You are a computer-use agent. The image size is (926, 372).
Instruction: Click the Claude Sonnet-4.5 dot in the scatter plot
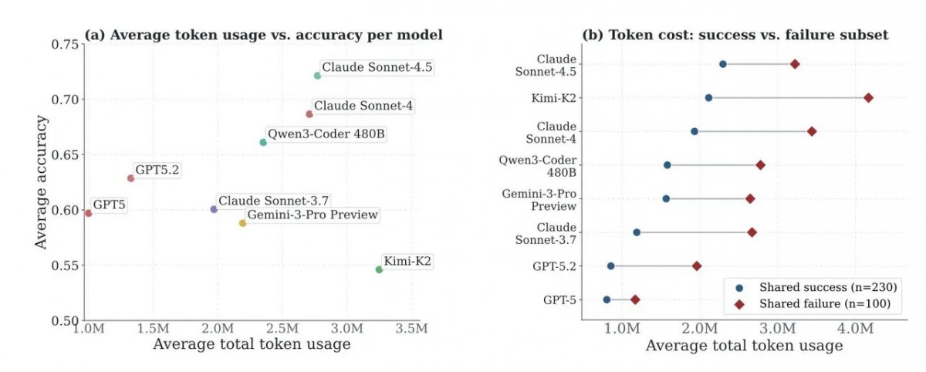[317, 76]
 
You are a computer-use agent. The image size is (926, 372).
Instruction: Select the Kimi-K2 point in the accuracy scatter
[379, 269]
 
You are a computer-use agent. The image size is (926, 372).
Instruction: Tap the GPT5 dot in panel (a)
[88, 213]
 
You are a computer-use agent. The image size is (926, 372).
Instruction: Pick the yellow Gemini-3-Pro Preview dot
[242, 223]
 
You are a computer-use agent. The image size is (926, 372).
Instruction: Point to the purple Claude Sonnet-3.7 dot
[214, 209]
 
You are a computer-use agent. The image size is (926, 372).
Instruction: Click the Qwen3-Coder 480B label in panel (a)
[326, 134]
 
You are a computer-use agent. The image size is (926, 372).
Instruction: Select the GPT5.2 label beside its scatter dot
[157, 170]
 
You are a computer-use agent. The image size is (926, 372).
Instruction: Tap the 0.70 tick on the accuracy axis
[65, 100]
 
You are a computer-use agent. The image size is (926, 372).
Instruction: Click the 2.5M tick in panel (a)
[282, 329]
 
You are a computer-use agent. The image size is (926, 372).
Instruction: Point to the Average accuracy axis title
[41, 182]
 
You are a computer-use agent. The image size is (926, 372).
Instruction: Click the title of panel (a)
[264, 35]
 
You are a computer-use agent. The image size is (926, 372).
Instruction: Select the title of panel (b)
[735, 35]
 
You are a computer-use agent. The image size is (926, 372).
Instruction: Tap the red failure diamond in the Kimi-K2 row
[869, 98]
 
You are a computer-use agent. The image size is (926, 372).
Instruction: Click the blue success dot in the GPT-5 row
[607, 299]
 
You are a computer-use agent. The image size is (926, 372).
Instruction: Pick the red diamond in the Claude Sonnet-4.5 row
[795, 64]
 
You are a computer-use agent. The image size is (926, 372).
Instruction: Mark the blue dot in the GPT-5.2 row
[611, 266]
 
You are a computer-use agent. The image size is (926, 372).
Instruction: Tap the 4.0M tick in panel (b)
[855, 329]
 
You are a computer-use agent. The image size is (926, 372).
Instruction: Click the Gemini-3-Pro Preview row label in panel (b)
[539, 200]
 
